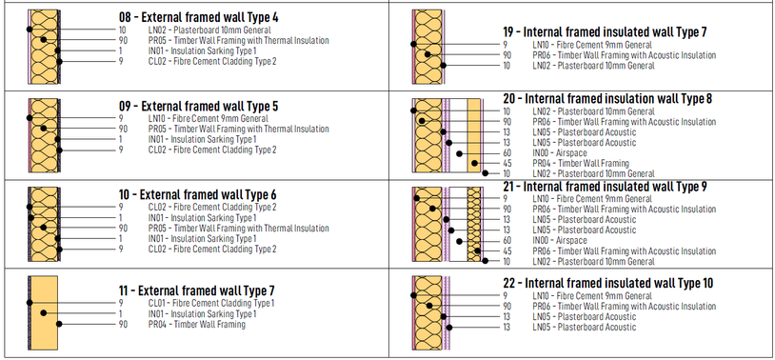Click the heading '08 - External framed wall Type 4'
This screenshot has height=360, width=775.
(198, 18)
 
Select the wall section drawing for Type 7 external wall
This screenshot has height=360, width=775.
(43, 313)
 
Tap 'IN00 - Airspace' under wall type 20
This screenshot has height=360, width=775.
(560, 153)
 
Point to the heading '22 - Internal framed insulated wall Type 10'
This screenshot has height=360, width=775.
(608, 284)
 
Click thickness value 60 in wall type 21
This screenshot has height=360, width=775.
(507, 241)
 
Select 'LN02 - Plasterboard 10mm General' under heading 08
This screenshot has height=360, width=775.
(209, 30)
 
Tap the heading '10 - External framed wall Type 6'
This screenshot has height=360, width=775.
(197, 195)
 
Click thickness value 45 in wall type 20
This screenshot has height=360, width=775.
(507, 164)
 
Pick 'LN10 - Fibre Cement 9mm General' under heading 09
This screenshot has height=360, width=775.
(209, 119)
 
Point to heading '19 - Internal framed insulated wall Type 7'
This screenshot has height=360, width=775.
(605, 32)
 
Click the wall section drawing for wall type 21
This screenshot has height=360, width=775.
(447, 224)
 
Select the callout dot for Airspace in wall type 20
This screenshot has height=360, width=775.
(459, 153)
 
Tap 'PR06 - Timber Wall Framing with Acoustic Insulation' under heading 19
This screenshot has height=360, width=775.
(625, 55)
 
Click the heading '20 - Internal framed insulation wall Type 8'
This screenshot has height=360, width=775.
(607, 99)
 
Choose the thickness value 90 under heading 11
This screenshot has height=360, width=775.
(123, 325)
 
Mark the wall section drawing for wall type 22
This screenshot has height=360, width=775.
(431, 313)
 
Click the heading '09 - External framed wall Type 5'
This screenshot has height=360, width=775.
(198, 107)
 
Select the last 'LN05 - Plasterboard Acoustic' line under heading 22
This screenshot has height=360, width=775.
(585, 328)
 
